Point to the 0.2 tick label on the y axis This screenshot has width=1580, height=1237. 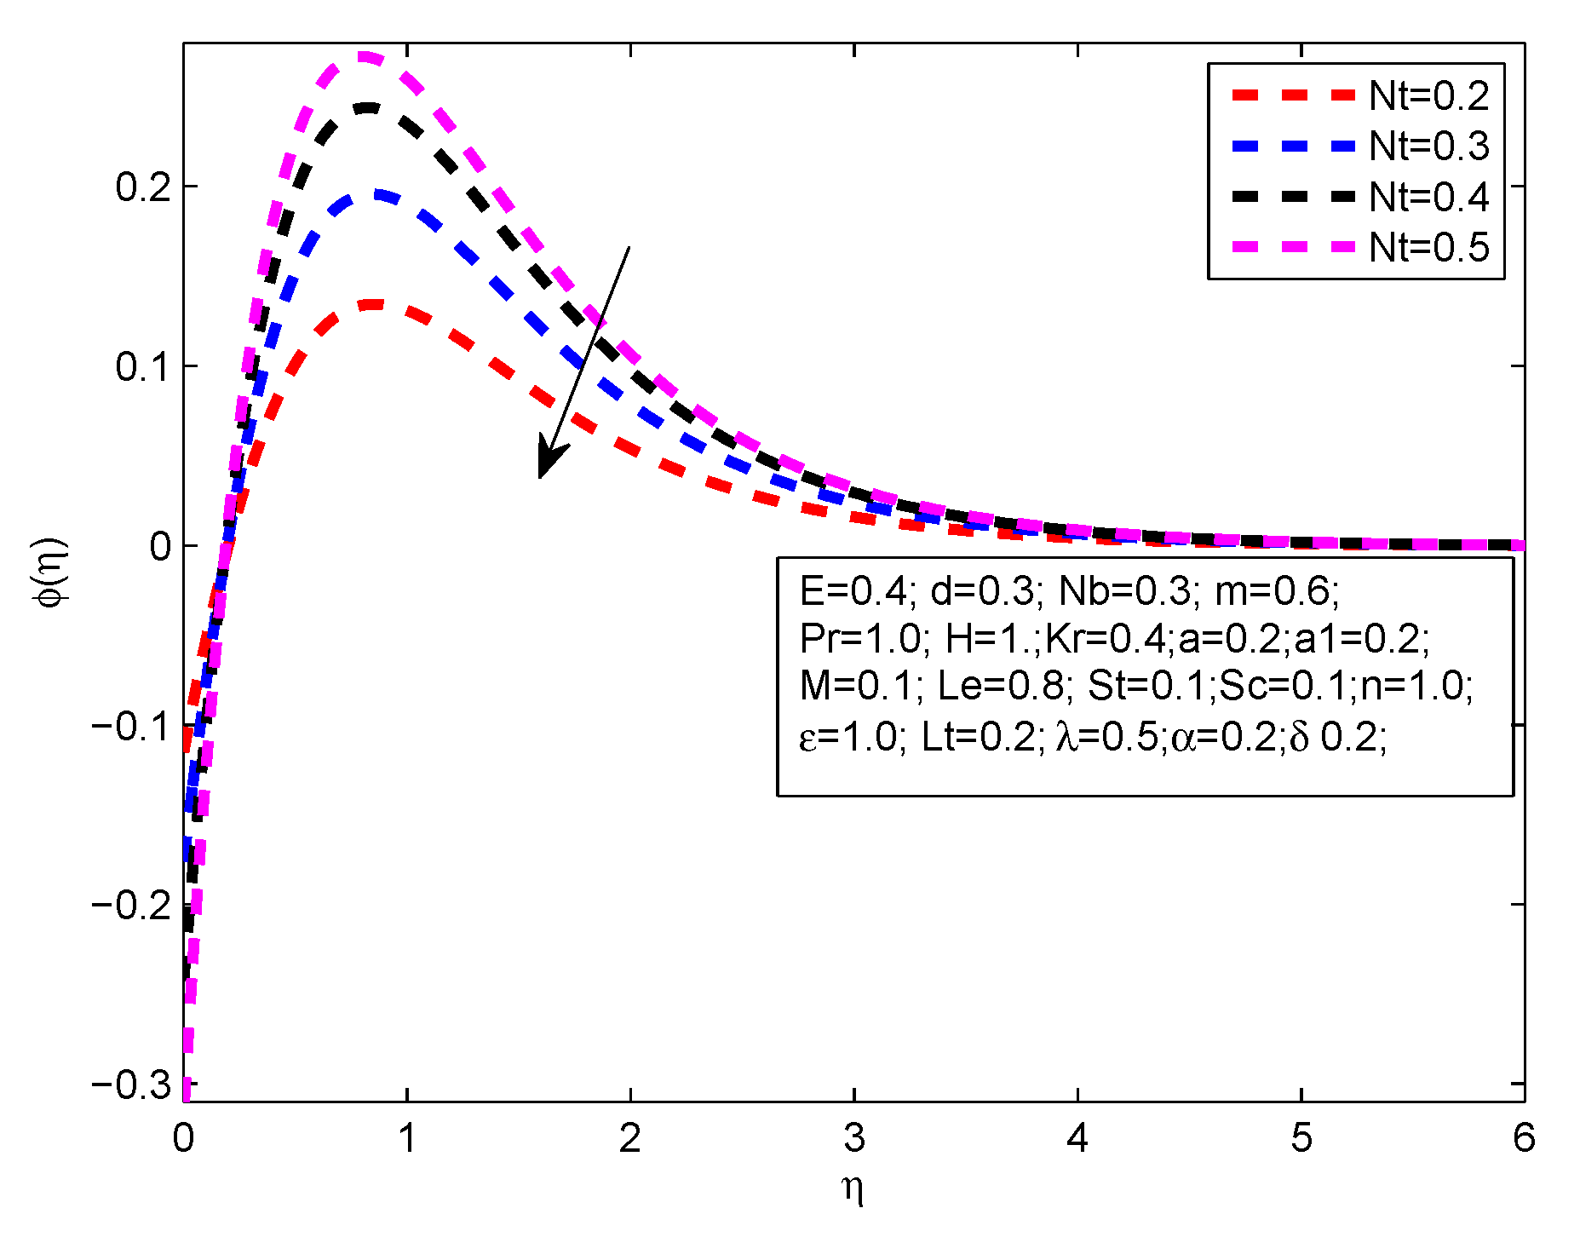pyautogui.click(x=144, y=187)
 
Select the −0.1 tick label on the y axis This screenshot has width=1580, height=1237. pyautogui.click(x=131, y=726)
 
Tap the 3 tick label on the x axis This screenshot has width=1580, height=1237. pyautogui.click(x=854, y=1138)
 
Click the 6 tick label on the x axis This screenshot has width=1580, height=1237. pyautogui.click(x=1524, y=1138)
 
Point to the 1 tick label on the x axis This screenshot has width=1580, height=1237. pyautogui.click(x=407, y=1138)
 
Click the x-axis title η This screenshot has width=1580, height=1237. pyautogui.click(x=853, y=1189)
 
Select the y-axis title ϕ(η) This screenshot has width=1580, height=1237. pyautogui.click(x=50, y=572)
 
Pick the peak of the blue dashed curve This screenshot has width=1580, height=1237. pyautogui.click(x=375, y=195)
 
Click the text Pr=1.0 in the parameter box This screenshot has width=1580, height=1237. pyautogui.click(x=861, y=638)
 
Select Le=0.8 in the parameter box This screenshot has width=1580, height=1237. pyautogui.click(x=1001, y=686)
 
